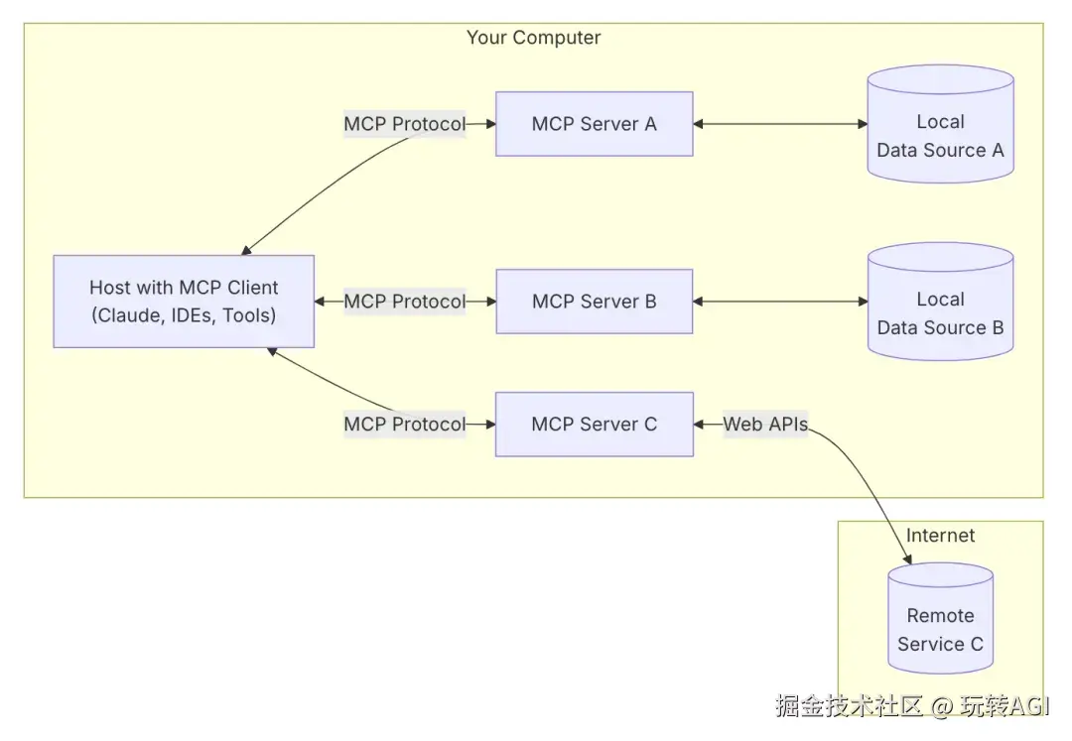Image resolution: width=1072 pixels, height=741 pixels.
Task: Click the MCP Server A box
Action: [595, 124]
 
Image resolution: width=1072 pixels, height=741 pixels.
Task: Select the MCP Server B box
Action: [595, 302]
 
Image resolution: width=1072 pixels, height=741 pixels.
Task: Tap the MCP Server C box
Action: [595, 425]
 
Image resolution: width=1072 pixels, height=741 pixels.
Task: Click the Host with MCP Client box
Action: [184, 302]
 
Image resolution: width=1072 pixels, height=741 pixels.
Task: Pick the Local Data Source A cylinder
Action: [941, 124]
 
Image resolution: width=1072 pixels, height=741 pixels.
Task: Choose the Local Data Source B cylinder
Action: [941, 302]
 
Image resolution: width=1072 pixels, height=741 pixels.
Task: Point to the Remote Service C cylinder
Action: [941, 618]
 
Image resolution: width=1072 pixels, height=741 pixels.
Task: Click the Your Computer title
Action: [533, 38]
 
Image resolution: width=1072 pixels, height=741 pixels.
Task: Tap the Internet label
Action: [940, 536]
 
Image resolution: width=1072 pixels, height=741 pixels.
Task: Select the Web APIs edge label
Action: [765, 425]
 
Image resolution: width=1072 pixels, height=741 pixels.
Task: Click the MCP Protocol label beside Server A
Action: [405, 124]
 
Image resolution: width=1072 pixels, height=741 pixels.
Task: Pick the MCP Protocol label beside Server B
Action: [405, 302]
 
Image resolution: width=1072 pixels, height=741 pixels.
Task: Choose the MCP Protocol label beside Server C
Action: [405, 425]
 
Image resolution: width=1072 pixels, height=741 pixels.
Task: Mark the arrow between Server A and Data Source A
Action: [780, 124]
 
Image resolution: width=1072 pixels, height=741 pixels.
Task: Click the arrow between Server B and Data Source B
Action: [780, 302]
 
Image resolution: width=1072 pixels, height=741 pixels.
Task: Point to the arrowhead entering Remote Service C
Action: [908, 559]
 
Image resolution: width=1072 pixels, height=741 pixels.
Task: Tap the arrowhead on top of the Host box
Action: [246, 251]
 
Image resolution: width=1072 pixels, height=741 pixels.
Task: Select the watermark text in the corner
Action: [912, 706]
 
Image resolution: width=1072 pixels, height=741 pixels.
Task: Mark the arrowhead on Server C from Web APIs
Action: [699, 425]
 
